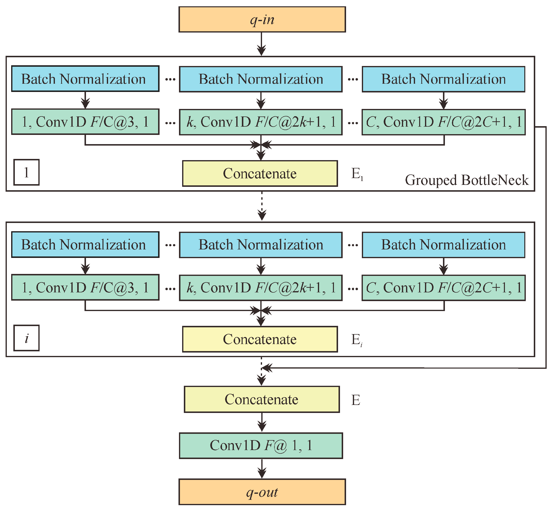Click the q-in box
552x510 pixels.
click(x=262, y=20)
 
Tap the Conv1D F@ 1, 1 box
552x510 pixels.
click(x=261, y=446)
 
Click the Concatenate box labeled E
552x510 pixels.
click(x=262, y=399)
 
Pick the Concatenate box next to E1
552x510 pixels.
click(x=260, y=173)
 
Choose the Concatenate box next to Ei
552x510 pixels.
click(x=260, y=339)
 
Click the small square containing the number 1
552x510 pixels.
click(x=26, y=173)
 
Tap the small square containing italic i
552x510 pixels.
click(x=26, y=338)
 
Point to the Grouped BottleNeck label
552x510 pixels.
click(x=467, y=180)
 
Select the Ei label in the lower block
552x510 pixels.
click(x=357, y=340)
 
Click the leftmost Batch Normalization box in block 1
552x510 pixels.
click(x=85, y=79)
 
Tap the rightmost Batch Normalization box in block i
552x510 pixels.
click(x=443, y=245)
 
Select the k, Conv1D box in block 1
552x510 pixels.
click(x=261, y=122)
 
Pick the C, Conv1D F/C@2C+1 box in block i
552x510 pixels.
click(x=443, y=288)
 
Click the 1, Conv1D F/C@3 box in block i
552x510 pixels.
click(x=85, y=287)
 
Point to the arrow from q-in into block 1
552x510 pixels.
click(x=261, y=44)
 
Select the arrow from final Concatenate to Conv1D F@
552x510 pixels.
click(x=262, y=422)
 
